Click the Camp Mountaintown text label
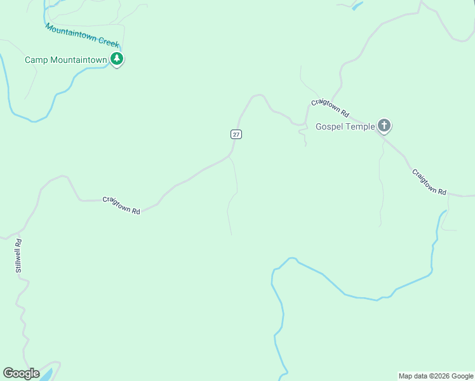[x=65, y=60]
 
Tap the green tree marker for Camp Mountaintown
[x=117, y=59]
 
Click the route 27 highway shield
[x=236, y=134]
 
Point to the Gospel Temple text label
[x=345, y=126]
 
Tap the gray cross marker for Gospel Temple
[x=384, y=125]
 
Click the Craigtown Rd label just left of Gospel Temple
[x=330, y=108]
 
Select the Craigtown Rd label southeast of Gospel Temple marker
[x=429, y=182]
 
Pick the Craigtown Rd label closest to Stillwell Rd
[x=121, y=206]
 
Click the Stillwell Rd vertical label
[x=19, y=256]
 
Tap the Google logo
[x=21, y=373]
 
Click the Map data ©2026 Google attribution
[x=436, y=376]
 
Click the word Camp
[x=35, y=60]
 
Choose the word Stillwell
[x=19, y=260]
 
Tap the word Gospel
[x=329, y=126]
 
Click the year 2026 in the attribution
[x=443, y=376]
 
